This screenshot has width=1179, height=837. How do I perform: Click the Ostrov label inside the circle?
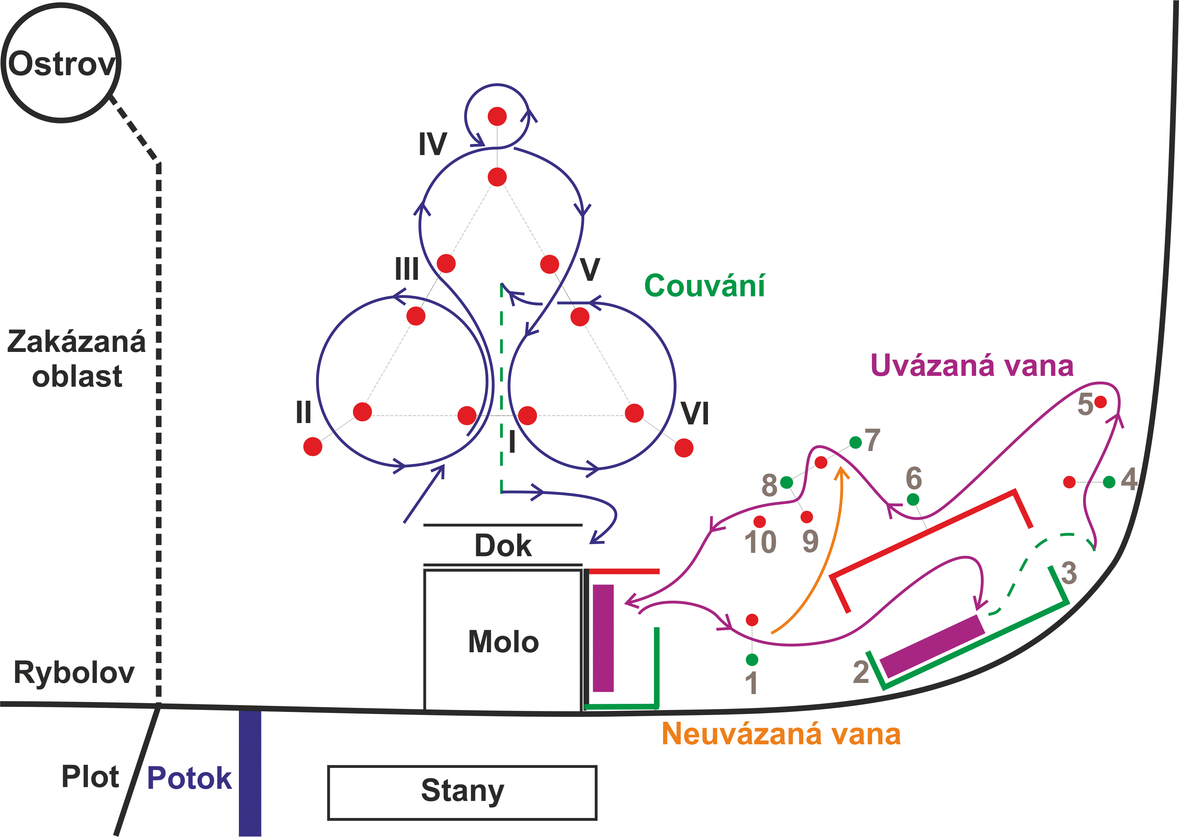click(61, 64)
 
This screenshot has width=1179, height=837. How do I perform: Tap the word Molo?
click(503, 642)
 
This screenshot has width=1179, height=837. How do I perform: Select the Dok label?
click(503, 545)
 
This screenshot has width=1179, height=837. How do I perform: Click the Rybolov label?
click(74, 672)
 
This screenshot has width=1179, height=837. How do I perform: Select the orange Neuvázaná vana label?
click(781, 734)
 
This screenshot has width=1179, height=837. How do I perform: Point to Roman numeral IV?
click(432, 144)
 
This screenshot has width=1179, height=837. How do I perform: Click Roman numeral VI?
click(695, 413)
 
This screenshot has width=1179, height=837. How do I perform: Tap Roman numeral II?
click(303, 412)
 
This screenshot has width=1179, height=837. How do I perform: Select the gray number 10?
click(760, 542)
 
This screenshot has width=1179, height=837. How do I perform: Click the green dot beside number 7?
click(856, 442)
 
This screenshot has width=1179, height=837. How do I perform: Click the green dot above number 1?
click(752, 659)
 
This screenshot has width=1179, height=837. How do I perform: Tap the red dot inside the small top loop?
click(497, 117)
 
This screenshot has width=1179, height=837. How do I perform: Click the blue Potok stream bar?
click(250, 773)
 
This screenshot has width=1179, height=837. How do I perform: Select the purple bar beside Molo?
click(603, 638)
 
